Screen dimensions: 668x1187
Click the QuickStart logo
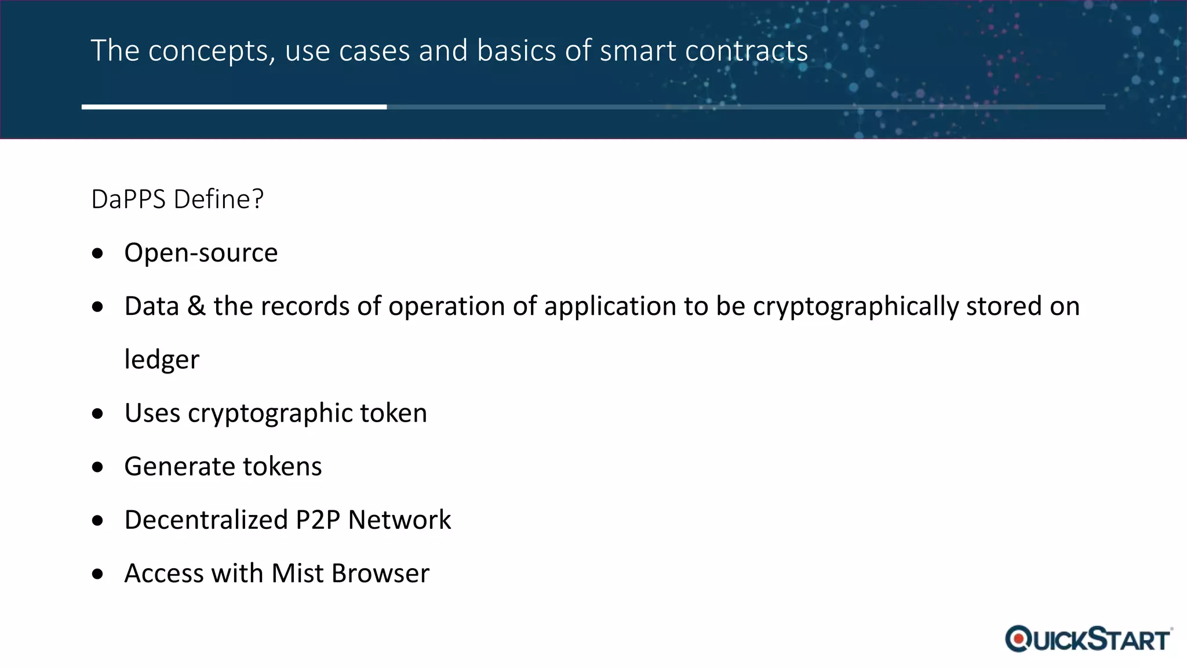(x=1088, y=639)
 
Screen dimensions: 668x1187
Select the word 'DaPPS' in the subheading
(x=128, y=199)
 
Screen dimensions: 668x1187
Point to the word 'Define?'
(x=219, y=199)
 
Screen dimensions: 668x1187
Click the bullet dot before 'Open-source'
(x=97, y=253)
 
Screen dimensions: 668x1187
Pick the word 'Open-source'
(x=201, y=253)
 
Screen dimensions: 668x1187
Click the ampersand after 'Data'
(x=196, y=306)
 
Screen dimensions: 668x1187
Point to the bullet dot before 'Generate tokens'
(x=97, y=467)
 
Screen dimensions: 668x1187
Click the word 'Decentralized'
(x=206, y=520)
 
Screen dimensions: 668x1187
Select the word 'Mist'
(x=297, y=573)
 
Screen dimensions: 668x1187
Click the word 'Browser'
(x=380, y=573)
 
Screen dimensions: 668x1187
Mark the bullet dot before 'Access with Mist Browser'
(x=97, y=574)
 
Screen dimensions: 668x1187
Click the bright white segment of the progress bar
(x=234, y=107)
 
